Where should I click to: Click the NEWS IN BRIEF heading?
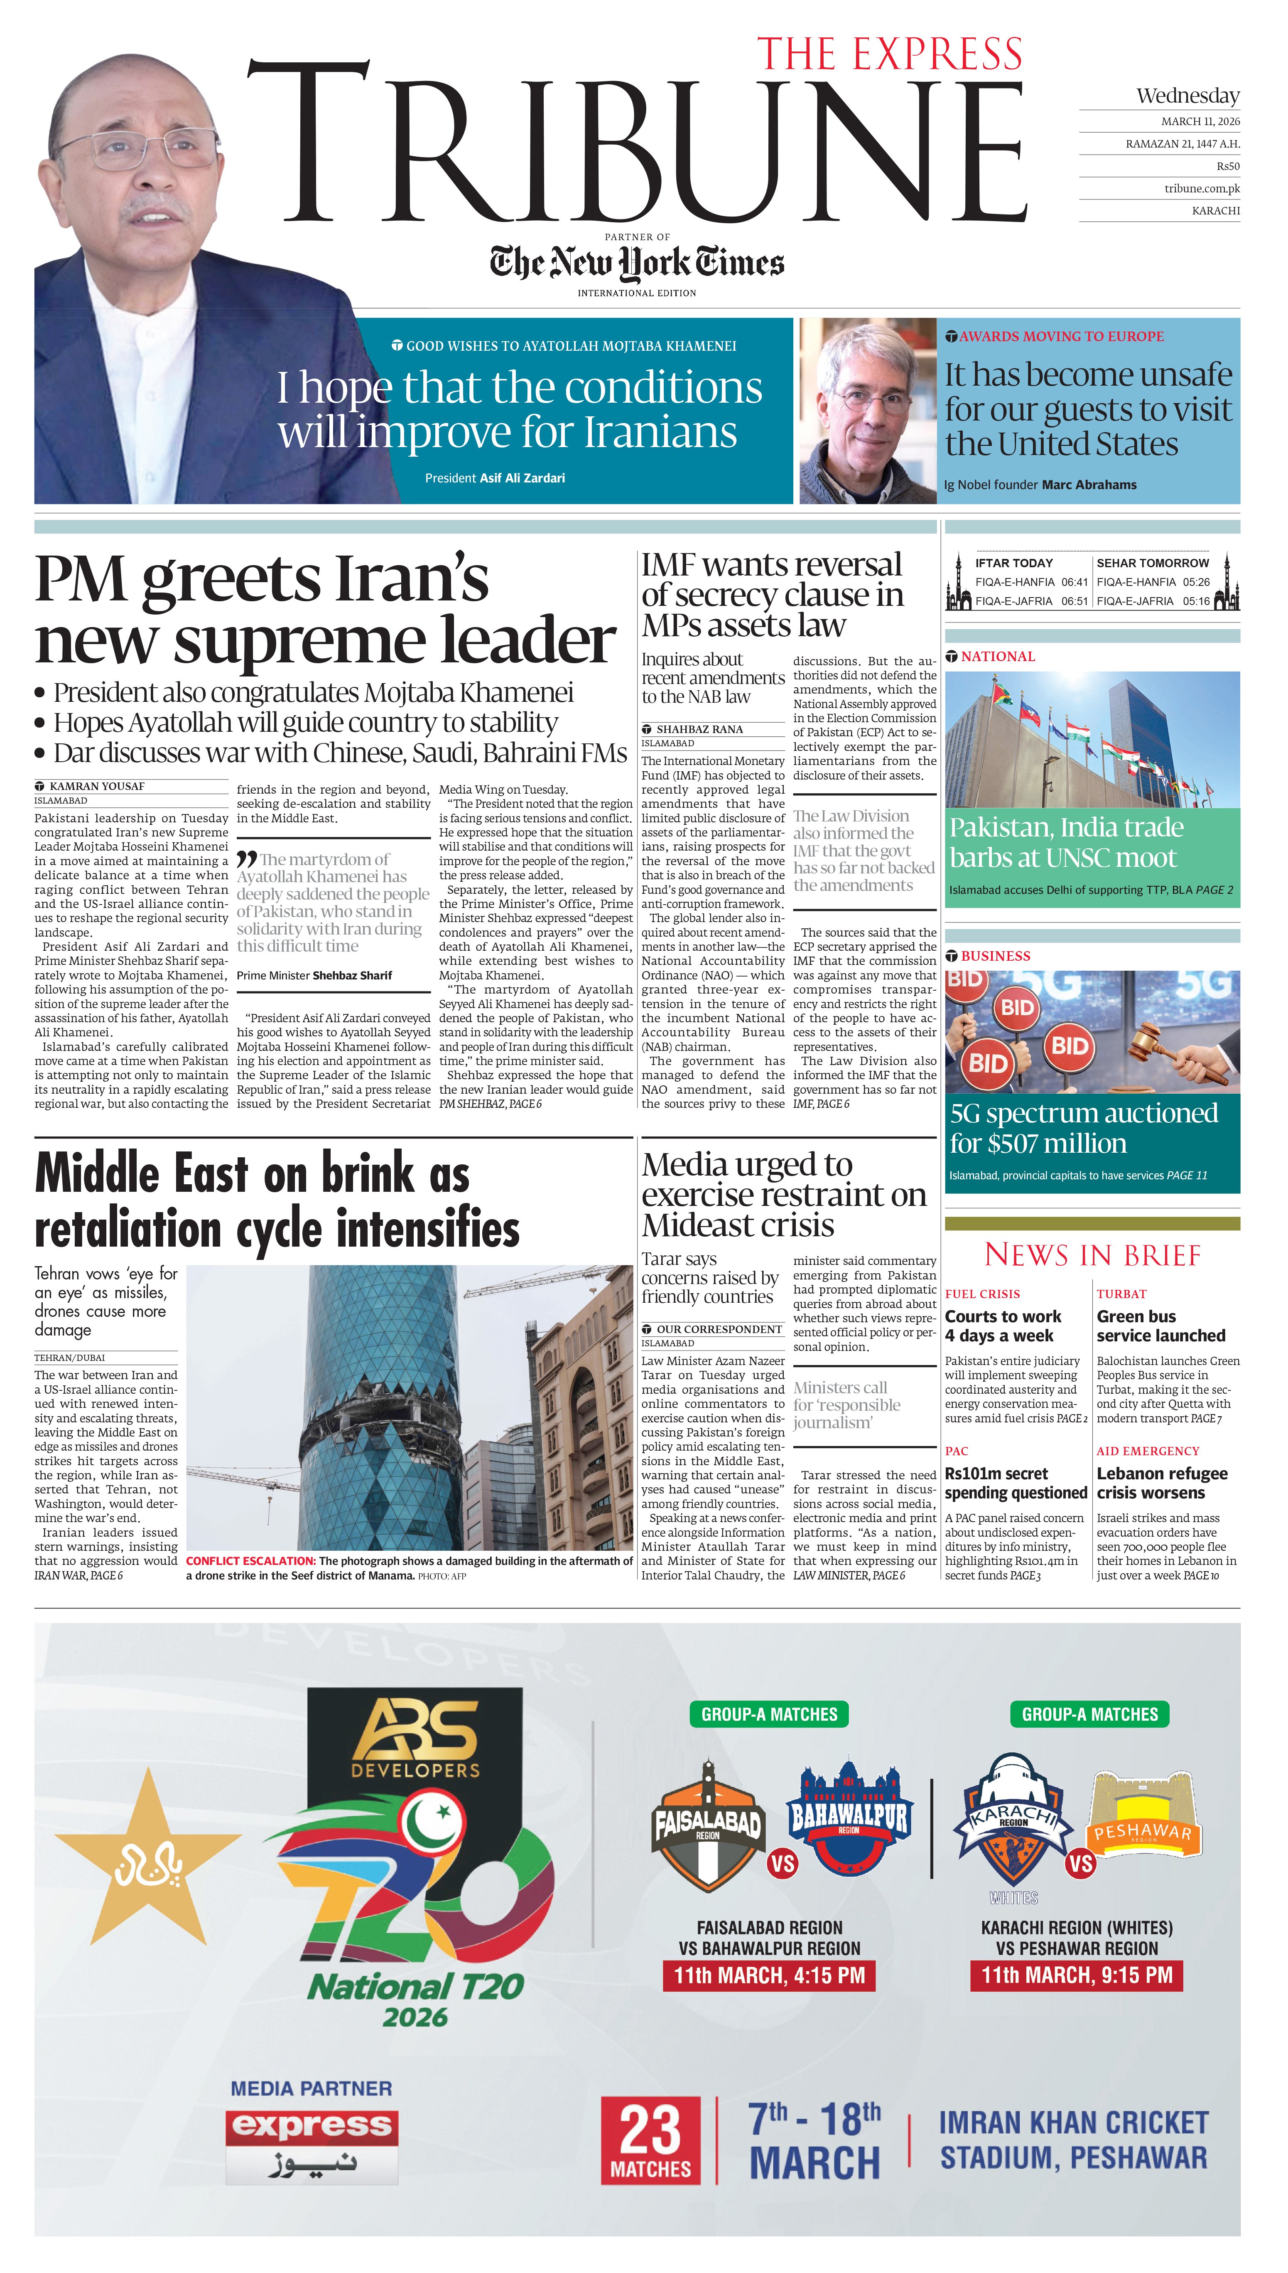coord(1092,1255)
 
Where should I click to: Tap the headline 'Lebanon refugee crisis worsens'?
coord(1161,1483)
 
